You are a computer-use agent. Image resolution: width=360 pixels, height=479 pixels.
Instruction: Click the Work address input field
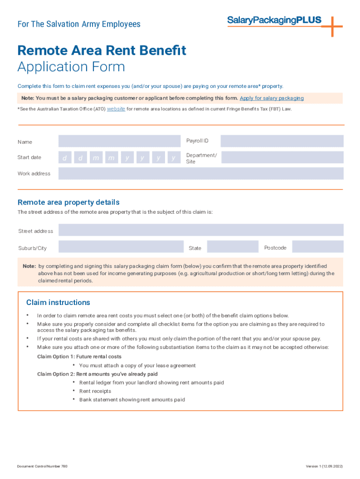tap(201, 174)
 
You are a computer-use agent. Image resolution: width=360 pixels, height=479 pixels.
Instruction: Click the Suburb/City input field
tap(121, 247)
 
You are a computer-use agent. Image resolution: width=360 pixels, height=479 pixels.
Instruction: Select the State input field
tap(232, 247)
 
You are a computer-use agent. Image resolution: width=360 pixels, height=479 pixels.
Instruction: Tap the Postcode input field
tap(317, 247)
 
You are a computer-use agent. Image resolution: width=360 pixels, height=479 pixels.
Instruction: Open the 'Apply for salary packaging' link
tap(272, 98)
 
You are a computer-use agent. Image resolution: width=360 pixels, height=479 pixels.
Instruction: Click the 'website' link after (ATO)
tap(116, 109)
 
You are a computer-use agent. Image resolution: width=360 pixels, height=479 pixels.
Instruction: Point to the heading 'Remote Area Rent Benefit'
tap(102, 51)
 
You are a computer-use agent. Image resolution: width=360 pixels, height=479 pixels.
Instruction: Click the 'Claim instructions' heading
tap(58, 303)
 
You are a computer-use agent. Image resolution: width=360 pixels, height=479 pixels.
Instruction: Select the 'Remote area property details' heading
tap(68, 203)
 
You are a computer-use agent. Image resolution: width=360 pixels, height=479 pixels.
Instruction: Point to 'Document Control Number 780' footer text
tap(43, 466)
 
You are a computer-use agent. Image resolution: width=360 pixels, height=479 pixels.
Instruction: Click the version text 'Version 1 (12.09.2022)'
tap(324, 466)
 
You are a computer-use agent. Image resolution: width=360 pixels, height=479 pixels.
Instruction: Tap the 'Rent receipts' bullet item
tap(95, 391)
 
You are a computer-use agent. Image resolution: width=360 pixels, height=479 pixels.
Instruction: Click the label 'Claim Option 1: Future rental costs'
tap(79, 357)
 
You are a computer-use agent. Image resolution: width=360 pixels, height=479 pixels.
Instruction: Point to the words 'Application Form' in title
tap(71, 67)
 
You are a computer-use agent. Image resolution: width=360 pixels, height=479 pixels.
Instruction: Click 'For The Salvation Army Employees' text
tap(79, 24)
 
